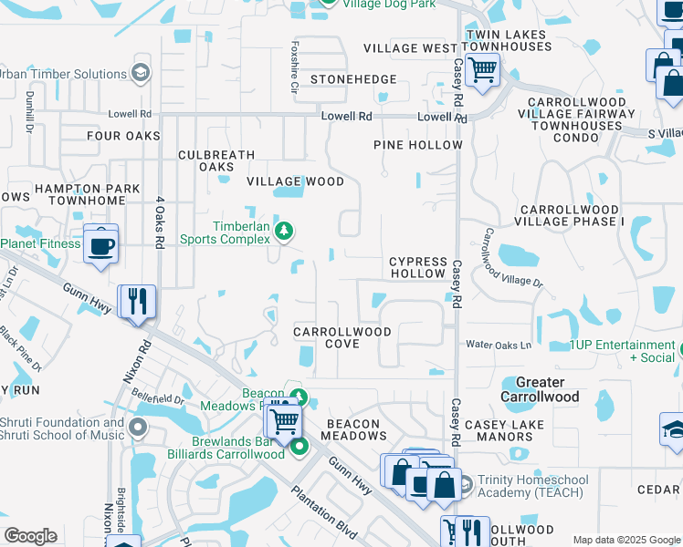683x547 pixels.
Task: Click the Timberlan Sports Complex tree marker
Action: [284, 232]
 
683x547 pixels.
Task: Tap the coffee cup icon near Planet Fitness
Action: [100, 243]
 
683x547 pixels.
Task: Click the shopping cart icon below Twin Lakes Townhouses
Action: [482, 68]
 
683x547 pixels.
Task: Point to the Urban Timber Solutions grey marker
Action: [140, 74]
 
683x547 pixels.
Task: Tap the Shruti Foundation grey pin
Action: [138, 428]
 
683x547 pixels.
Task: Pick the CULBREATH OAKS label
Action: [216, 160]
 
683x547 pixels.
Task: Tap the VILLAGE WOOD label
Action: [297, 181]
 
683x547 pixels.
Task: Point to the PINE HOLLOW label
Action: [418, 145]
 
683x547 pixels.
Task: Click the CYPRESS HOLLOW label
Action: [418, 267]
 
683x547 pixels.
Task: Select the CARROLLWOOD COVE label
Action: [342, 337]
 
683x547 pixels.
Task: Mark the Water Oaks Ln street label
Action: [499, 346]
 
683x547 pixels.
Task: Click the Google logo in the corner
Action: [30, 536]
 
